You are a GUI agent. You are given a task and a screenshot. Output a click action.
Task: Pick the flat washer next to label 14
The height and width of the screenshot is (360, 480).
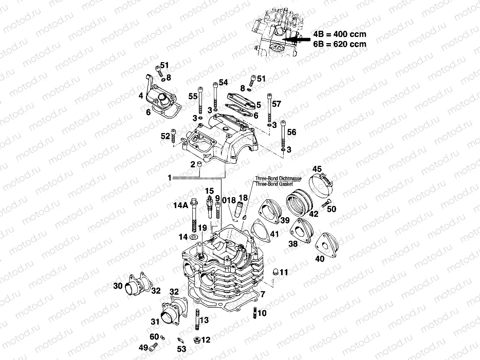pos(194,237)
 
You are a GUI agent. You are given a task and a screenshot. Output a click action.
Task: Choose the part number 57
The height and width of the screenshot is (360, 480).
pos(276,104)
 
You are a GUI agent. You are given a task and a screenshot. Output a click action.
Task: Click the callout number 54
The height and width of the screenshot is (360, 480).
pos(223,82)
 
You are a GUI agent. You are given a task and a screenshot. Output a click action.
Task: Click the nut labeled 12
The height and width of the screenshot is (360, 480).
pos(196,340)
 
